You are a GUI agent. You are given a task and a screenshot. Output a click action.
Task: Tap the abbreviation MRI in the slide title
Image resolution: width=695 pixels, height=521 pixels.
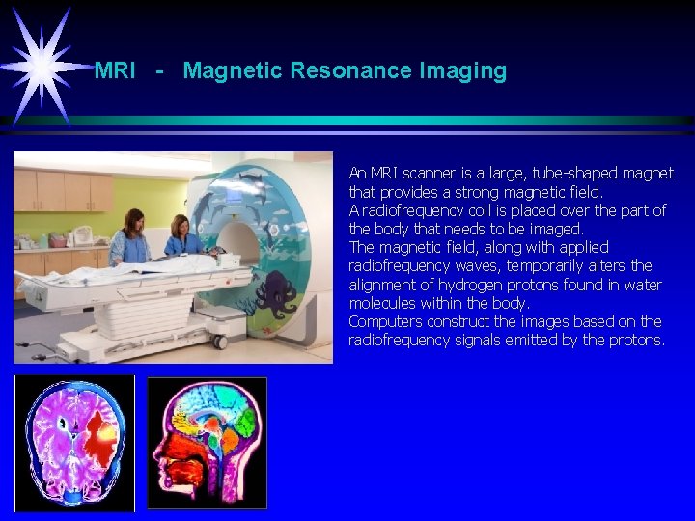click(x=115, y=70)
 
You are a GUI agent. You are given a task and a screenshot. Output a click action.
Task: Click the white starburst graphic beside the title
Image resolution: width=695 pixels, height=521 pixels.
click(x=42, y=65)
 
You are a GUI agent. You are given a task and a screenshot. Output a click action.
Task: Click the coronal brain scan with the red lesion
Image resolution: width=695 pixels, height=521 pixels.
click(x=74, y=443)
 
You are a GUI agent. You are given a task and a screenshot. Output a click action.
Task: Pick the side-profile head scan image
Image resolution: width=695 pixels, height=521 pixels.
click(x=207, y=443)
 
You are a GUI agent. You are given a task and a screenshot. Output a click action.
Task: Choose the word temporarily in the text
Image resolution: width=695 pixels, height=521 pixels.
click(x=567, y=265)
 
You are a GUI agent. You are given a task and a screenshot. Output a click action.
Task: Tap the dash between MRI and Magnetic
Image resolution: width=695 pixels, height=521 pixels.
click(x=159, y=70)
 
